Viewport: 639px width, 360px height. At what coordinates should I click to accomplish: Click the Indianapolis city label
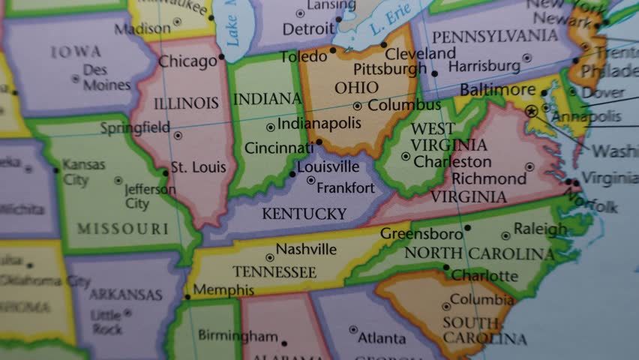[x=319, y=124]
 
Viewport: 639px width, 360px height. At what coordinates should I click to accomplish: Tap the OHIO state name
[x=356, y=88]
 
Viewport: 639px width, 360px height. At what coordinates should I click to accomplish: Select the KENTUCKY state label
[x=304, y=214]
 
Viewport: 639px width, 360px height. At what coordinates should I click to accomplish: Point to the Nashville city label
[x=306, y=249]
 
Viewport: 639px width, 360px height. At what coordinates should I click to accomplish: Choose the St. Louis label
[x=198, y=167]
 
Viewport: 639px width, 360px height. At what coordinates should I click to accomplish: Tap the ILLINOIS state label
[x=186, y=103]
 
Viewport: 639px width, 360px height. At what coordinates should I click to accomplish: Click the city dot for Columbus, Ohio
[x=357, y=106]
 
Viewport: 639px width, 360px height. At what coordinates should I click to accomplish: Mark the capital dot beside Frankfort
[x=311, y=180]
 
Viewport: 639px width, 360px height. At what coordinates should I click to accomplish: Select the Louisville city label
[x=328, y=167]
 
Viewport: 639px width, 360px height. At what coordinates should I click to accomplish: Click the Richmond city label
[x=489, y=178]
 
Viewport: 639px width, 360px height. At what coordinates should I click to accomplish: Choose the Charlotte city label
[x=484, y=275]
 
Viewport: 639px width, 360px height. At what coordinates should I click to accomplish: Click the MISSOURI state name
[x=123, y=229]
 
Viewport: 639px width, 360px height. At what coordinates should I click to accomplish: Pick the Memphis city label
[x=223, y=289]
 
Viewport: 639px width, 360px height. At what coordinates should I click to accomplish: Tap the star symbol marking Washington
[x=532, y=111]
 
